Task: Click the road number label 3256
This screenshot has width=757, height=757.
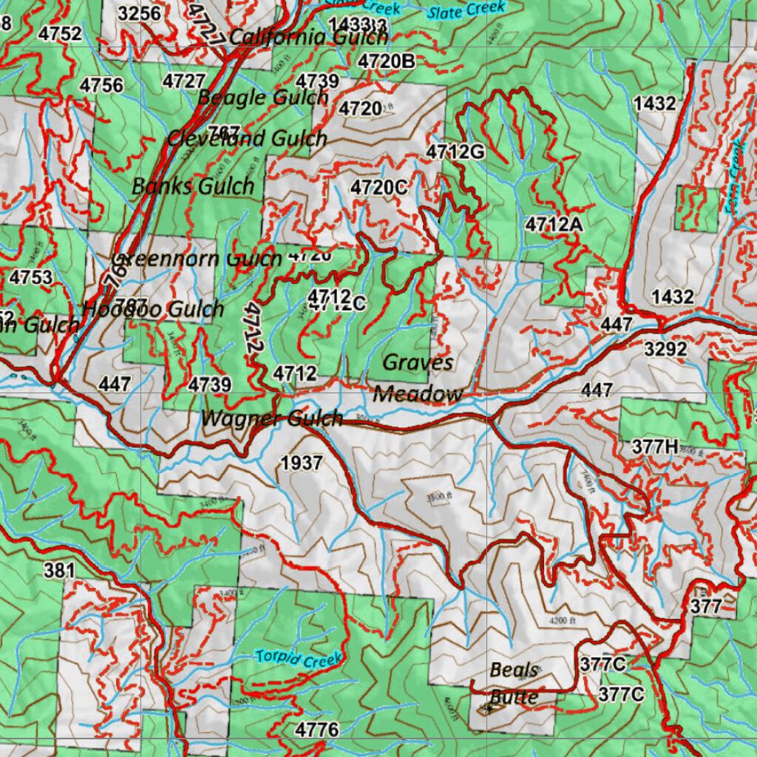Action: click(x=139, y=13)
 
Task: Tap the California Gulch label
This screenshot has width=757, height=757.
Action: click(x=298, y=37)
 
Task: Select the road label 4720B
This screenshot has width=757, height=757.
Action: click(x=387, y=61)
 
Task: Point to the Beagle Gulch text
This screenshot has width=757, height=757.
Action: click(x=262, y=97)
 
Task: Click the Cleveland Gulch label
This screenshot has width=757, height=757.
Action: click(x=247, y=138)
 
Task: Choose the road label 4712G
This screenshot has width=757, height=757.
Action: click(x=455, y=152)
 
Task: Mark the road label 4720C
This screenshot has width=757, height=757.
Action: click(x=379, y=187)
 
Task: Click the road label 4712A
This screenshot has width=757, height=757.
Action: click(x=554, y=223)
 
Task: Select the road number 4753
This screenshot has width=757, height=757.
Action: click(x=31, y=277)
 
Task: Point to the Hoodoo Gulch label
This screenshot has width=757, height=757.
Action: click(x=153, y=309)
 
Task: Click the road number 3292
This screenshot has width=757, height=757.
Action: click(x=665, y=349)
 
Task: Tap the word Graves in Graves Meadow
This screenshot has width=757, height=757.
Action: click(x=418, y=362)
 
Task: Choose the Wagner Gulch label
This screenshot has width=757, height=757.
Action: click(x=272, y=418)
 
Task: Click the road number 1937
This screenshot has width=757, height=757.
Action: click(x=302, y=464)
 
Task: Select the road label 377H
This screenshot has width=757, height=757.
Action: click(x=655, y=447)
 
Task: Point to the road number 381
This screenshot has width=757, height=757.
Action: click(x=59, y=570)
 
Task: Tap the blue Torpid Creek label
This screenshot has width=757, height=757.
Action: click(x=299, y=657)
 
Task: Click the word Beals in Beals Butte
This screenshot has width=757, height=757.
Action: click(x=515, y=671)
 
